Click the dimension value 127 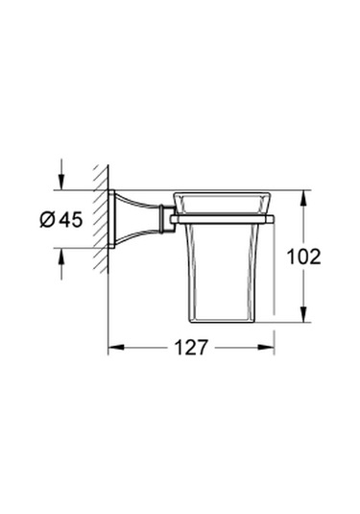coord(192,349)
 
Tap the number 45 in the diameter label coord(70,219)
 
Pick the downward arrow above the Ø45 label coord(62,182)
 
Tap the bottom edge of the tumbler coord(224,320)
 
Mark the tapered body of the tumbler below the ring coord(224,274)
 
